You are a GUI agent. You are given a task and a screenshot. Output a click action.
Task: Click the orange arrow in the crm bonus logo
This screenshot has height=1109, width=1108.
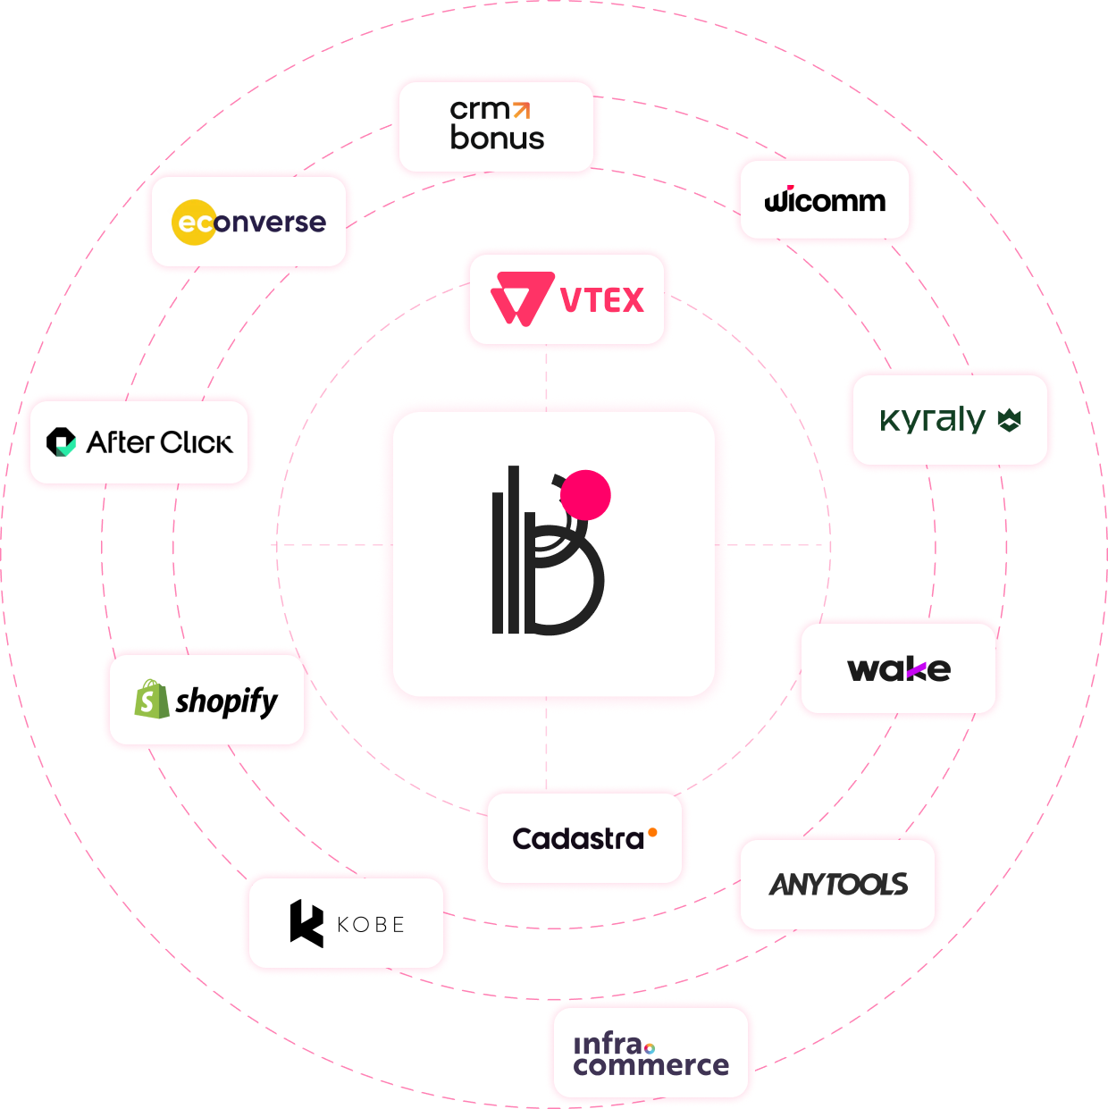point(522,110)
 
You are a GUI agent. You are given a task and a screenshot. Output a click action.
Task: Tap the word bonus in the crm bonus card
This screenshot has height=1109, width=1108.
point(497,139)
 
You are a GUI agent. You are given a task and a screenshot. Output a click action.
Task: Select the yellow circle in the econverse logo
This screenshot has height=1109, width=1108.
point(194,222)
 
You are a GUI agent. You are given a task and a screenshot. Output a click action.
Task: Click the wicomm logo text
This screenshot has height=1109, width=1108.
point(825,200)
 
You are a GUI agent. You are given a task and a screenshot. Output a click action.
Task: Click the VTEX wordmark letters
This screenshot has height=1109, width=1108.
point(601,300)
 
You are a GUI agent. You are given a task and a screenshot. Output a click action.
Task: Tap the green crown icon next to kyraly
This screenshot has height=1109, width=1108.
point(1009,419)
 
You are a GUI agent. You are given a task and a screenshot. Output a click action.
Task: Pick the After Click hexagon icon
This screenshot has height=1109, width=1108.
point(62,441)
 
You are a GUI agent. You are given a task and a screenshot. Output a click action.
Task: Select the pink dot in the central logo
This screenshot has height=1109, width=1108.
point(585,494)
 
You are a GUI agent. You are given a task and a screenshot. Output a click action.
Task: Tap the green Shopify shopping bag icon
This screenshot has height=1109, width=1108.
point(151,699)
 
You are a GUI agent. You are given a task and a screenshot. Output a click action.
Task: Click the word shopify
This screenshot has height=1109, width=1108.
point(227,702)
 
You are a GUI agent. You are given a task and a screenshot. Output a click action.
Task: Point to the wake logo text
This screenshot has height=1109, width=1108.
point(898,668)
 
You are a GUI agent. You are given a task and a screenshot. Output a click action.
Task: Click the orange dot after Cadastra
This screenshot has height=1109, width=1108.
point(652,833)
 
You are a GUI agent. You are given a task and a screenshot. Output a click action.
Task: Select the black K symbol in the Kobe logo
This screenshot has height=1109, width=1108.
point(306,922)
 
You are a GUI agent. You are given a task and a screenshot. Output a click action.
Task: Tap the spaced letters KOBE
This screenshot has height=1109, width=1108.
point(371,925)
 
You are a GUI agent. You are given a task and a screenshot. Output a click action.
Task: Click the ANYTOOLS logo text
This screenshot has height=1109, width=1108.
point(838,885)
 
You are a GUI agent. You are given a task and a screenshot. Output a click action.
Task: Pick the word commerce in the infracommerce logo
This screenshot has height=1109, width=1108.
point(651,1065)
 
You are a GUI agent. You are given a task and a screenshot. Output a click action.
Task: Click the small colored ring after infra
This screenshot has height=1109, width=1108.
point(650,1047)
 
